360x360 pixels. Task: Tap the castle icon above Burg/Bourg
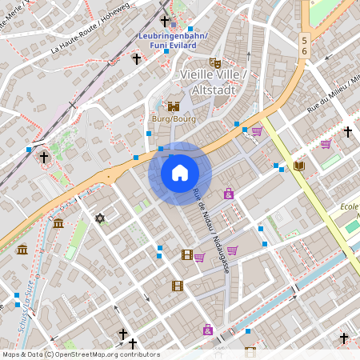174,106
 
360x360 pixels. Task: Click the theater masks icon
214,62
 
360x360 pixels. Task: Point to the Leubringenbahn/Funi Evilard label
173,41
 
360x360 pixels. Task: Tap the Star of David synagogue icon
100,218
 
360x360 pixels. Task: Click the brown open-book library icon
299,166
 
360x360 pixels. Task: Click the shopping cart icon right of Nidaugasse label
232,250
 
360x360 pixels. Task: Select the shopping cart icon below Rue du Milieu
326,144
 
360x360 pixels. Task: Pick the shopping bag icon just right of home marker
229,194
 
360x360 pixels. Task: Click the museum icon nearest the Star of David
58,223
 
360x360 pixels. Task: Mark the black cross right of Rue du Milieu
347,130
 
